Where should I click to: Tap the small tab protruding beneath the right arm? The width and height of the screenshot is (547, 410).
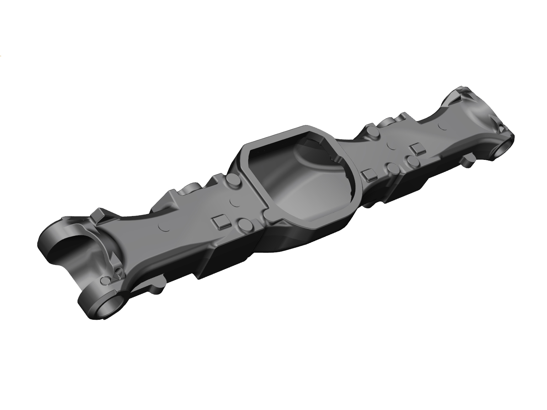pyautogui.click(x=466, y=163)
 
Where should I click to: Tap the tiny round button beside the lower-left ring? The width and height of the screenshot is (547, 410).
pyautogui.click(x=106, y=280)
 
